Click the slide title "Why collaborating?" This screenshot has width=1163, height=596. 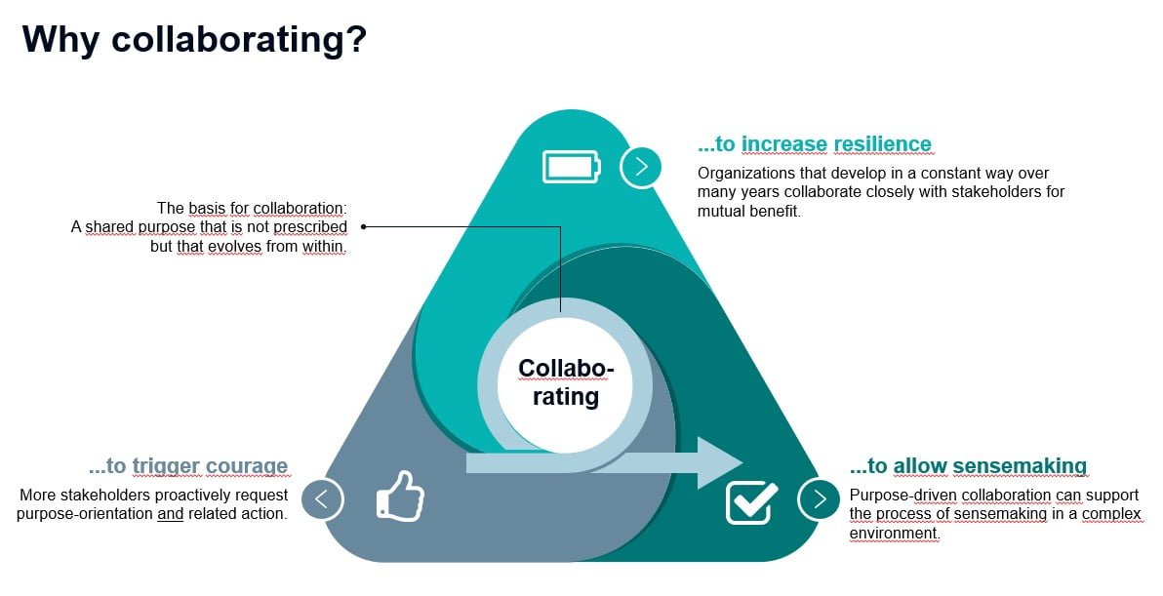(x=194, y=39)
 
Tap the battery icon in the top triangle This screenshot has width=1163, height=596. (x=571, y=167)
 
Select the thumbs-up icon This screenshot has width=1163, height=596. (x=400, y=496)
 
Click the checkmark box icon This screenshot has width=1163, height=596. (x=751, y=502)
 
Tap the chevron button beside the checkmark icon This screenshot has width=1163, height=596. (x=819, y=498)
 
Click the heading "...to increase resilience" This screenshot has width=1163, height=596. (x=815, y=143)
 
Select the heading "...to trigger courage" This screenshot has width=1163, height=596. (x=187, y=466)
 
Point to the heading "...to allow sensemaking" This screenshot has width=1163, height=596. (x=968, y=466)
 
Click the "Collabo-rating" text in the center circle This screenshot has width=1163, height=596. (x=566, y=382)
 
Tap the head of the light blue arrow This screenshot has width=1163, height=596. (x=720, y=462)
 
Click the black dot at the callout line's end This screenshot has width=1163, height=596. (x=363, y=227)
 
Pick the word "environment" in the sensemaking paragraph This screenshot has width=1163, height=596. (x=894, y=533)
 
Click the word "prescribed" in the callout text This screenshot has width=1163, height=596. (x=310, y=227)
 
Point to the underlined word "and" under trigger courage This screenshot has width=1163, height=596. (x=170, y=514)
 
